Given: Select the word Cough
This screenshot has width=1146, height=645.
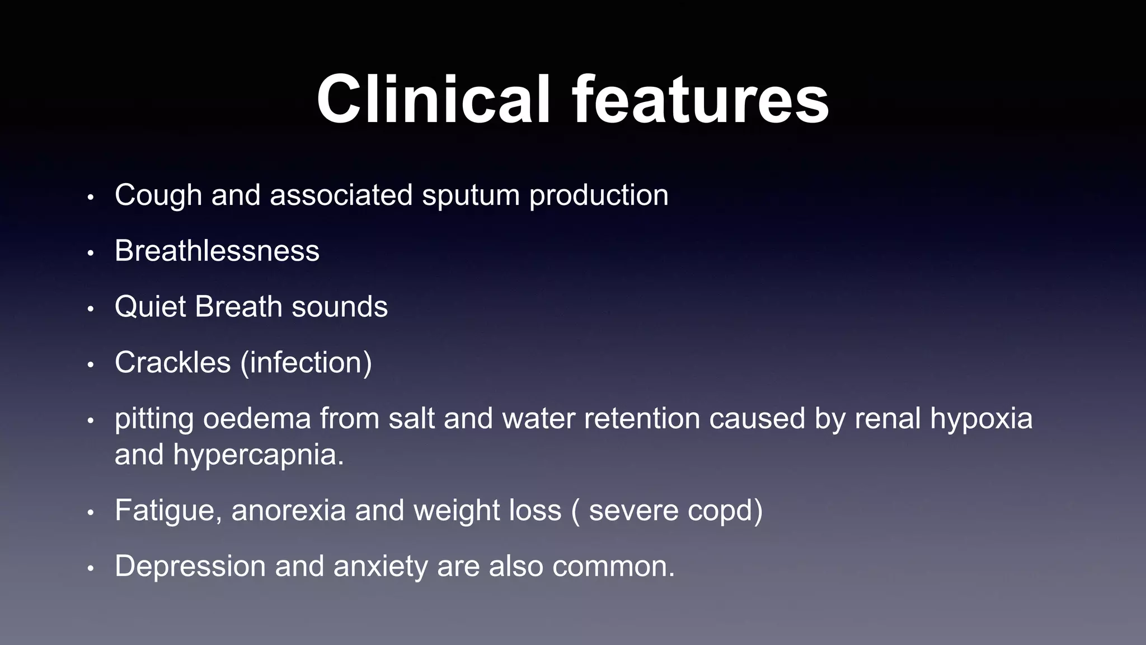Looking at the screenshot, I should click(158, 195).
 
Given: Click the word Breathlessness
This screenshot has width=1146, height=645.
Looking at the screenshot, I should click(217, 251).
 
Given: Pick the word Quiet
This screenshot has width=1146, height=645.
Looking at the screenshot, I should click(150, 307).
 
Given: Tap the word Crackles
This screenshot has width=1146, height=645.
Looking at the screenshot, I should click(172, 363).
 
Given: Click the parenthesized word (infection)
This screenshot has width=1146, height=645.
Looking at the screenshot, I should click(306, 363).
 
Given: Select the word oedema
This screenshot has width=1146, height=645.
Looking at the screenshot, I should click(256, 419).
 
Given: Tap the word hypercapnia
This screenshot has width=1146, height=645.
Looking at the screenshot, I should click(258, 455).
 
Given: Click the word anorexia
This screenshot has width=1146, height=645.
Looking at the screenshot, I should click(288, 511).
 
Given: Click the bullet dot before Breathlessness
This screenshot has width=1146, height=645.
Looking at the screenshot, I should click(91, 253).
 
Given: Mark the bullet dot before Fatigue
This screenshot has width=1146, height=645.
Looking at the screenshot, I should click(91, 513).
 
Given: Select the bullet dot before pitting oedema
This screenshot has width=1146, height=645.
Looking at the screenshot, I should click(91, 421).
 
